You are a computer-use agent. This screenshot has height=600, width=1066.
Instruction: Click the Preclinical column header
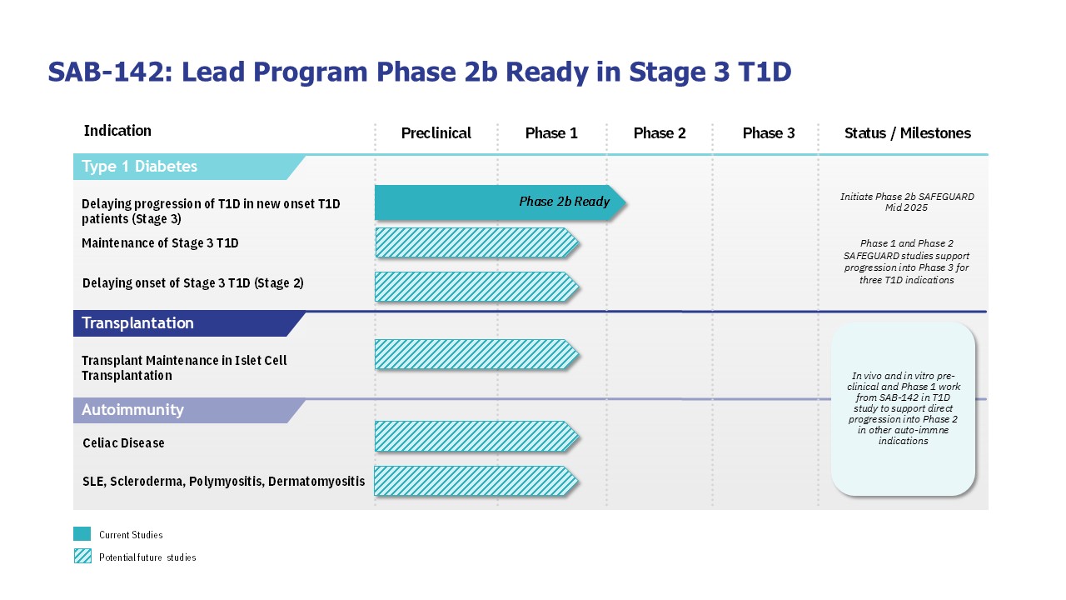[x=436, y=132]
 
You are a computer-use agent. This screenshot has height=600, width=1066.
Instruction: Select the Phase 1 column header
[x=551, y=132]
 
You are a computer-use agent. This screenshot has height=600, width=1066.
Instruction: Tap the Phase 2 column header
[x=660, y=132]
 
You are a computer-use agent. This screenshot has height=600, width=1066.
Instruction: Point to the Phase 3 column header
[x=769, y=132]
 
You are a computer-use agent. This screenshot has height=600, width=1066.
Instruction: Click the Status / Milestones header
[x=908, y=132]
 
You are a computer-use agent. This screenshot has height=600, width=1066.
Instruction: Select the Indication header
[x=117, y=131]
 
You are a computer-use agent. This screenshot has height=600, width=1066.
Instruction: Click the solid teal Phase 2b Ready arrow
[x=500, y=202]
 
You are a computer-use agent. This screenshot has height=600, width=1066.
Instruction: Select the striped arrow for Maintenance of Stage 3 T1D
[x=477, y=242]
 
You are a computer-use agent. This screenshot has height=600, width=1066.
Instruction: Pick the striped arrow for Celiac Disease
[x=477, y=436]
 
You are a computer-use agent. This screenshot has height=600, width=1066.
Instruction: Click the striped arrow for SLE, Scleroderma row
[x=476, y=481]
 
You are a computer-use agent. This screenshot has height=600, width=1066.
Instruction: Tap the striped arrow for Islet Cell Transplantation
[x=477, y=355]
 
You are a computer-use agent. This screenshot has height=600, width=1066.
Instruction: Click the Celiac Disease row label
[x=123, y=442]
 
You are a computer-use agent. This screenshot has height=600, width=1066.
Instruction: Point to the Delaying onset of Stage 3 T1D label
[x=192, y=282]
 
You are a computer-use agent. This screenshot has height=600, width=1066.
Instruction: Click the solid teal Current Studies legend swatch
[x=82, y=534]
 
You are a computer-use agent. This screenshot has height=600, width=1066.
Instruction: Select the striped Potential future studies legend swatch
[x=82, y=556]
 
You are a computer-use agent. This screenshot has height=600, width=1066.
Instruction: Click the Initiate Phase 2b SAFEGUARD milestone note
[x=907, y=202]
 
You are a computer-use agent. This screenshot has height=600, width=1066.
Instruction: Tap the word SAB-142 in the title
[x=106, y=72]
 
